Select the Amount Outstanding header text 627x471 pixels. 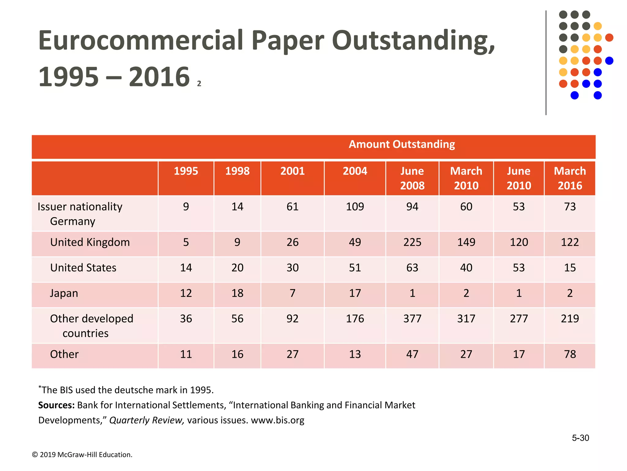point(402,144)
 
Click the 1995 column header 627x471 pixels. point(186,171)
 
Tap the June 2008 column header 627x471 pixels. point(412,178)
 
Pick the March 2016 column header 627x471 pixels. point(569,178)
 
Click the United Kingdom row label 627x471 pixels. point(90,242)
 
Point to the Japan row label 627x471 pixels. point(64,293)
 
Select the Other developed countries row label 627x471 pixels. point(91,326)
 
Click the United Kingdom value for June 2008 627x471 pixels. point(412,242)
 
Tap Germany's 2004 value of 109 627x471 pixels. point(355,207)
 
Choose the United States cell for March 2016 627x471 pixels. point(569,268)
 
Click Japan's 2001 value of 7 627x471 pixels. point(292,293)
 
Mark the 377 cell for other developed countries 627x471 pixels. point(412,319)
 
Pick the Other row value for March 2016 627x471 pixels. point(569,354)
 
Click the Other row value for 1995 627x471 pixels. point(186,354)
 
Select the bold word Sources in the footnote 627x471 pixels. point(56,405)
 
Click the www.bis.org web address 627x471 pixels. point(277,420)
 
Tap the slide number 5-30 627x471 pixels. point(580,438)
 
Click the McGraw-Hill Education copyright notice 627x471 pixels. point(82,455)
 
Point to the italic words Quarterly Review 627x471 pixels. point(147,420)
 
